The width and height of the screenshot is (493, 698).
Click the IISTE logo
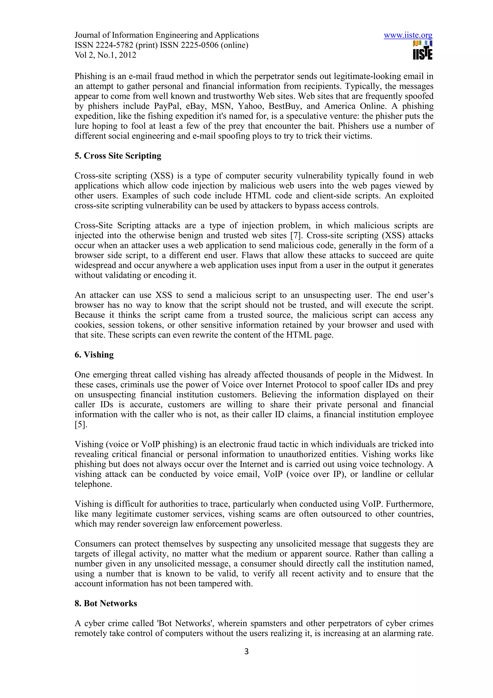click(x=422, y=51)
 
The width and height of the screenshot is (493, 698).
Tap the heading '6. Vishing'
click(x=94, y=355)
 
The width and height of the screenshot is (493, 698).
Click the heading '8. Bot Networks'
click(x=106, y=603)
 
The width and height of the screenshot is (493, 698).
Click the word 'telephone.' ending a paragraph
click(x=93, y=484)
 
